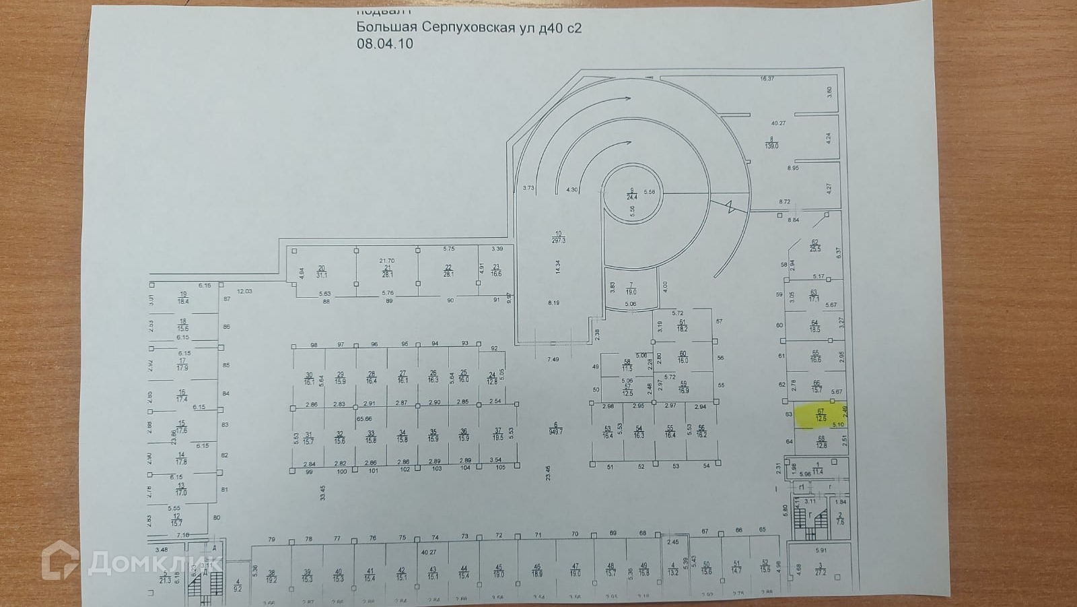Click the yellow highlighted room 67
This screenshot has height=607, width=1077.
[x=821, y=414]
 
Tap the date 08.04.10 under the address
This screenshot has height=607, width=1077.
[x=384, y=44]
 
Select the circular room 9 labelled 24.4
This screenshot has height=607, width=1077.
[x=631, y=194]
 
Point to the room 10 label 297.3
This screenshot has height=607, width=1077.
[x=558, y=238]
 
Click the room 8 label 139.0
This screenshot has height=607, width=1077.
[x=771, y=142]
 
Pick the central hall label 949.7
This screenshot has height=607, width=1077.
[x=556, y=428]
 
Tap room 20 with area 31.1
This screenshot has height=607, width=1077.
[x=322, y=271]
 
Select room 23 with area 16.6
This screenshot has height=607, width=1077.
[x=496, y=271]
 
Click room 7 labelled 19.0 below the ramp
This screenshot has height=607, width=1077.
[x=631, y=289]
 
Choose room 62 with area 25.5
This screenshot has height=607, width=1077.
[x=815, y=245]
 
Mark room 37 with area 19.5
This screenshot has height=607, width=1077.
[x=497, y=435]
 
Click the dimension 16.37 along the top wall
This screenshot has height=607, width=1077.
[x=767, y=79]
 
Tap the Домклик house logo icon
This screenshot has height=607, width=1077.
[x=60, y=560]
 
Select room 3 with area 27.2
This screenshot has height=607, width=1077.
[x=821, y=570]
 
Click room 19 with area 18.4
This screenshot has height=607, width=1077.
[x=183, y=298]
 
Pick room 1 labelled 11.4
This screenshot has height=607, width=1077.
[x=818, y=469]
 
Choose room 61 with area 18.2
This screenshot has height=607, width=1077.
[x=682, y=325]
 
